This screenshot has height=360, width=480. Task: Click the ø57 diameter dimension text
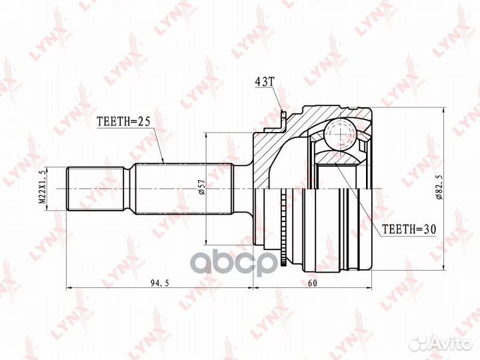point(199,189)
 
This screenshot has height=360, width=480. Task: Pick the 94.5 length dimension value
point(155,283)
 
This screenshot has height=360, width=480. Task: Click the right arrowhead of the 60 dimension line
point(369,289)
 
